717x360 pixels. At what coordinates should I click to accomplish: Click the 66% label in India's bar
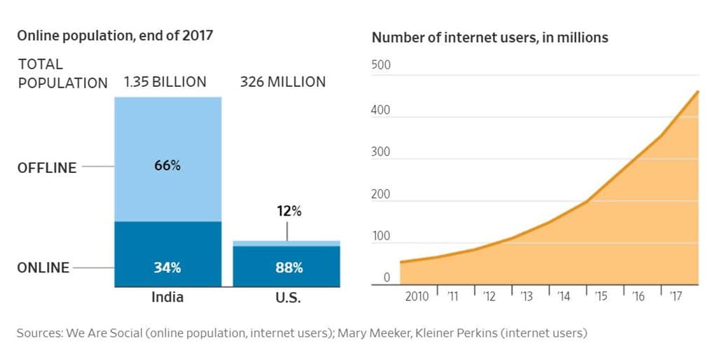tap(167, 166)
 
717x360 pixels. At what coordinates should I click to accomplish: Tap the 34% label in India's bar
tap(167, 268)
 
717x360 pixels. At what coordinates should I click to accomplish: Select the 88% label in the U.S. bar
tap(288, 268)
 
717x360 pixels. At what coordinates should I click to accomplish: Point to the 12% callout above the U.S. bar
tap(288, 211)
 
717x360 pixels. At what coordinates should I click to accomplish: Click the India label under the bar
tap(167, 297)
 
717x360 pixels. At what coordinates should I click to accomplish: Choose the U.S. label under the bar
tap(288, 297)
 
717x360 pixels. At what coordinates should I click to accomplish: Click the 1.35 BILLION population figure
tap(165, 82)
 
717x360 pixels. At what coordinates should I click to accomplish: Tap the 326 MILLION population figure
tap(283, 82)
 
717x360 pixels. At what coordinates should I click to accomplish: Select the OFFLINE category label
tap(47, 167)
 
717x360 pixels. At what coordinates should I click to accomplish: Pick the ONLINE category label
tap(43, 268)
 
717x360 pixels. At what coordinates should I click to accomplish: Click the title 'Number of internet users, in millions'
tap(489, 38)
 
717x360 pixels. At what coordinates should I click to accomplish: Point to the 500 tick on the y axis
tap(381, 66)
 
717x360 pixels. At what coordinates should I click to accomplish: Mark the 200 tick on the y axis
tap(381, 194)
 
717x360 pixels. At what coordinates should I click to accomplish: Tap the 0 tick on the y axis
tap(386, 278)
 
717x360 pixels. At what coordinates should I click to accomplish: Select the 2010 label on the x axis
tap(417, 296)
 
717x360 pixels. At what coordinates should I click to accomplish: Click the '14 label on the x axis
tap(563, 296)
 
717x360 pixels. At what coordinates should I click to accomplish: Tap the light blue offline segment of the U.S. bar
tap(286, 243)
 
